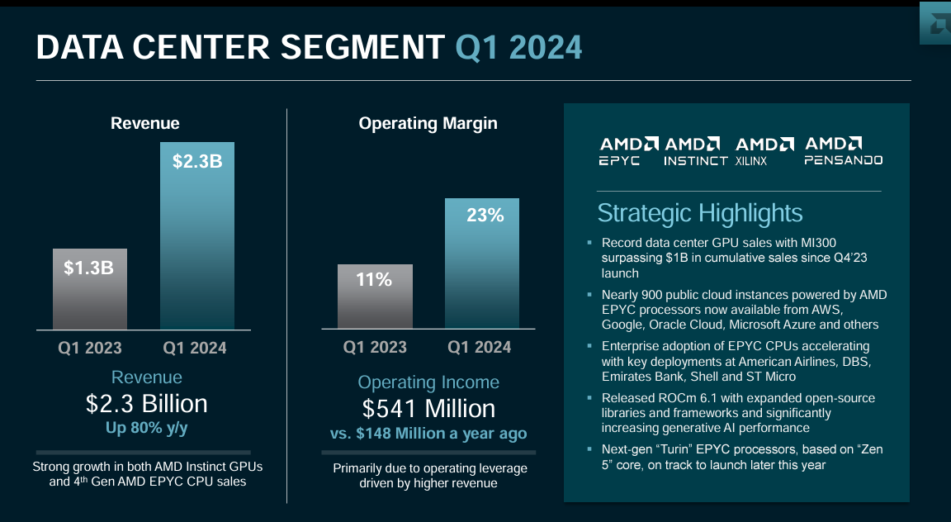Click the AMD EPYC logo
click(x=628, y=151)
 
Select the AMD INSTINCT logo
click(x=695, y=151)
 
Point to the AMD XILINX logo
click(x=765, y=151)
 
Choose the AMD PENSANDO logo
click(x=843, y=151)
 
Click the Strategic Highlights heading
click(x=699, y=213)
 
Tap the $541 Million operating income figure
click(x=428, y=409)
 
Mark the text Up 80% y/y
click(x=146, y=428)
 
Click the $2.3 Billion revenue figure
click(x=146, y=404)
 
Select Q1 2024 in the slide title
click(x=518, y=48)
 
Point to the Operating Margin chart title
click(x=428, y=124)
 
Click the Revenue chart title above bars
click(x=145, y=124)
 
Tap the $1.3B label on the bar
click(x=90, y=268)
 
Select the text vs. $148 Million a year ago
click(x=428, y=433)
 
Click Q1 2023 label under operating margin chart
click(x=375, y=347)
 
